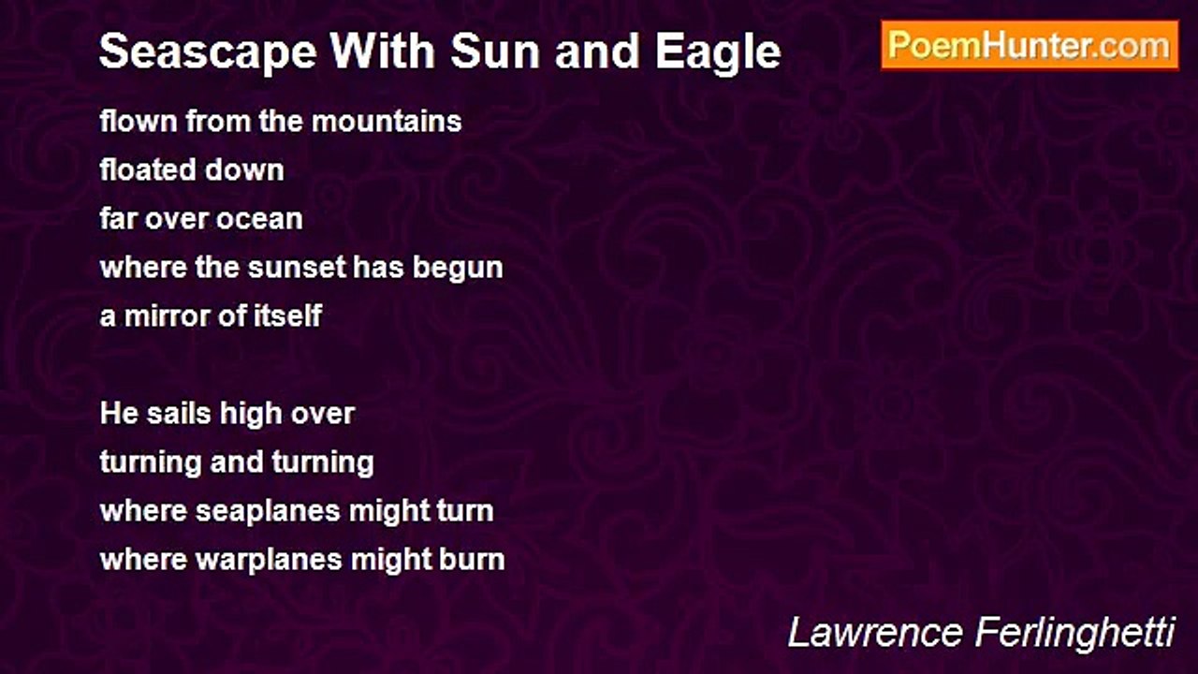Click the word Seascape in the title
tap(208, 52)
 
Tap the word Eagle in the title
tap(718, 52)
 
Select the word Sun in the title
tap(495, 51)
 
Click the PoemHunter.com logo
tap(1030, 46)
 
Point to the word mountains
tap(387, 122)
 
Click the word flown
tap(139, 121)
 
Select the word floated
tap(148, 169)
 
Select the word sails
tap(179, 414)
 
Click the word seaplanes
tap(268, 512)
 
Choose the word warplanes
tap(269, 561)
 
